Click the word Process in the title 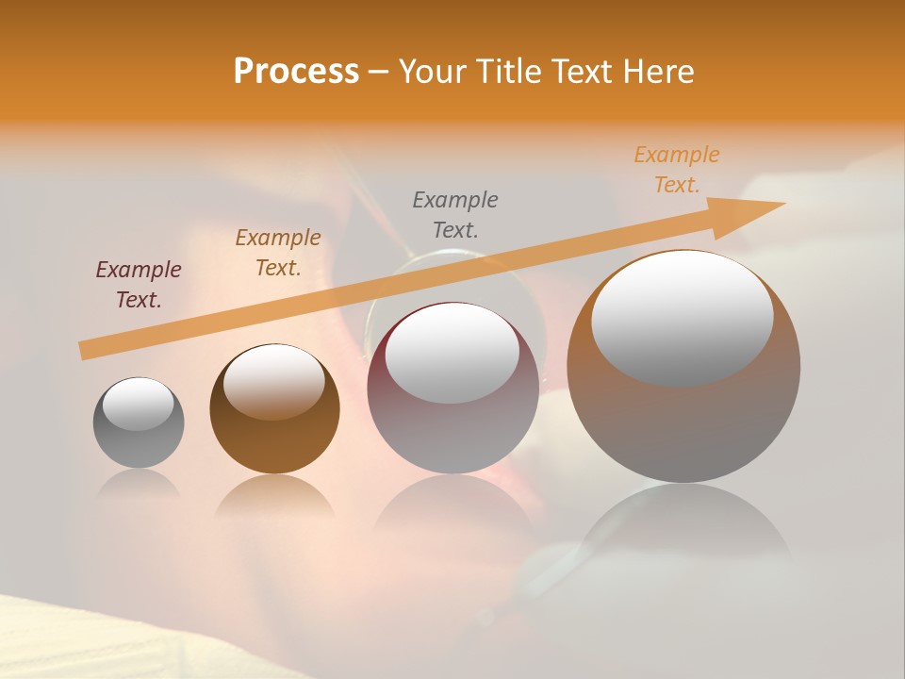tap(296, 72)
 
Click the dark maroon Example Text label tap(139, 285)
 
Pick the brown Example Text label tap(278, 253)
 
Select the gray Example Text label tap(455, 214)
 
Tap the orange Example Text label tap(677, 170)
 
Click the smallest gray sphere tap(139, 434)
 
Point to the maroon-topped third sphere tap(452, 415)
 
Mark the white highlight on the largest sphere tap(683, 318)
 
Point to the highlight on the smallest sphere tap(139, 405)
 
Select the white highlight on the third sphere tap(452, 353)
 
